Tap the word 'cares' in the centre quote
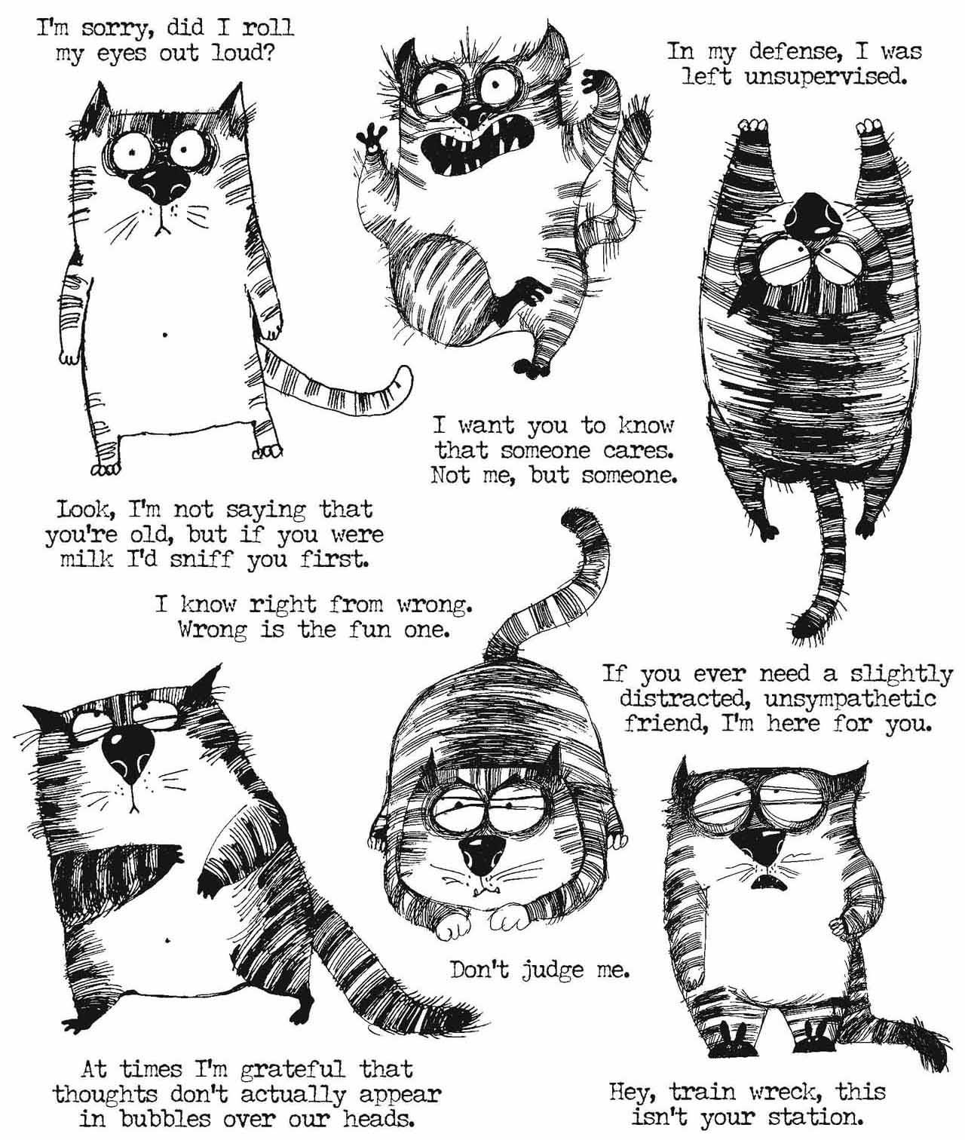tap(631, 451)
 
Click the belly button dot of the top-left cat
tap(167, 331)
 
